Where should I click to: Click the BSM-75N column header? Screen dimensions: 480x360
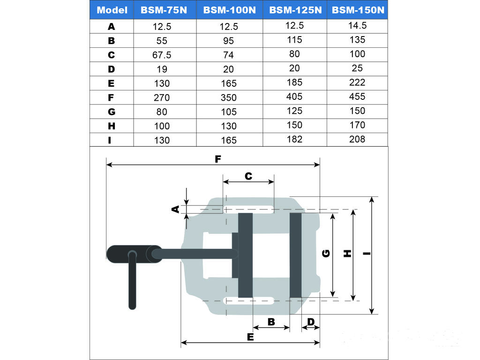[x=164, y=10]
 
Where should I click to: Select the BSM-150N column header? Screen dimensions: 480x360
[x=358, y=10]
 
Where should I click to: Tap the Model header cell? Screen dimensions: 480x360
[x=112, y=10]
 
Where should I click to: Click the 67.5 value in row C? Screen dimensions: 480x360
[x=162, y=55]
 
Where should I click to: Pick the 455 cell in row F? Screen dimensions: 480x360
[x=357, y=97]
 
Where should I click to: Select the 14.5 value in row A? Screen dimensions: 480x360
[x=357, y=25]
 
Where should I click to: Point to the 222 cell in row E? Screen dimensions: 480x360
[x=357, y=82]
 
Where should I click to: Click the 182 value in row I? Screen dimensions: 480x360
[x=294, y=139]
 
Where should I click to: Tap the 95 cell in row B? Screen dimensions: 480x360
[x=228, y=41]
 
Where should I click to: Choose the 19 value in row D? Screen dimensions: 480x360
[x=162, y=69]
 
